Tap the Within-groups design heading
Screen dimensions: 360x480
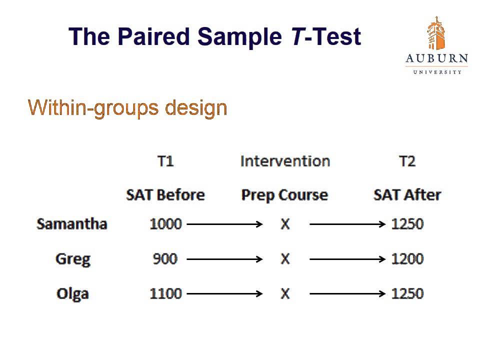(127, 107)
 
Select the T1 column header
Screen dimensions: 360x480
(165, 161)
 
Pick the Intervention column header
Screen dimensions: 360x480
(285, 161)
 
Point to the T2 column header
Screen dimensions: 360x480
(407, 161)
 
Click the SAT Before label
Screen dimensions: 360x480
(165, 194)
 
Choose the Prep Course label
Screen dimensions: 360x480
(284, 194)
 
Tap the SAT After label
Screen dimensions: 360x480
(407, 194)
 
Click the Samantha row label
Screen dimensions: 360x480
(72, 223)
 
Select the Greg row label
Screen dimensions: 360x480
(73, 259)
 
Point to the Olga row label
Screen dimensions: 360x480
(72, 293)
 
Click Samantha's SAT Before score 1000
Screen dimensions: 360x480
(165, 224)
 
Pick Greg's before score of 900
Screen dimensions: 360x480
(165, 259)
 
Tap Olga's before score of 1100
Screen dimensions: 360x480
(165, 293)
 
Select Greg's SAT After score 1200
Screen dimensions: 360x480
(407, 259)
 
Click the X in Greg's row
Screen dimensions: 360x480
(285, 259)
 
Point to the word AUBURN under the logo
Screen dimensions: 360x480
(436, 59)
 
